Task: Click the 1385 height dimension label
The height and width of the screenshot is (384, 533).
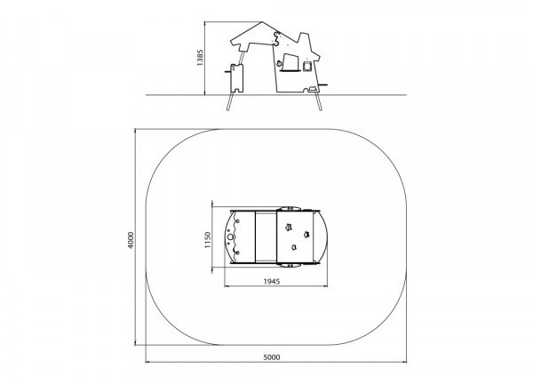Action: (200, 58)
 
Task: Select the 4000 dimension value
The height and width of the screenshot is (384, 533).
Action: (131, 240)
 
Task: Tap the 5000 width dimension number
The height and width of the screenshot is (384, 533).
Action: (272, 357)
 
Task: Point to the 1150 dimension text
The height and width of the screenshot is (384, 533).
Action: (208, 240)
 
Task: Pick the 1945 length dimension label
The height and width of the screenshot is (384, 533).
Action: (272, 281)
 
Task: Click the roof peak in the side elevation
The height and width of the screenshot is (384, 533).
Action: (262, 22)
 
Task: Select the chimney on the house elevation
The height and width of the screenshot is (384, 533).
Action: (304, 39)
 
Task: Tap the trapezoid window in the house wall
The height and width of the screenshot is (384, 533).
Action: (290, 62)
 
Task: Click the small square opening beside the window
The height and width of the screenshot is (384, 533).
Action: (306, 66)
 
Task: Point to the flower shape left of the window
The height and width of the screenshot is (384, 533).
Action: (279, 63)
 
